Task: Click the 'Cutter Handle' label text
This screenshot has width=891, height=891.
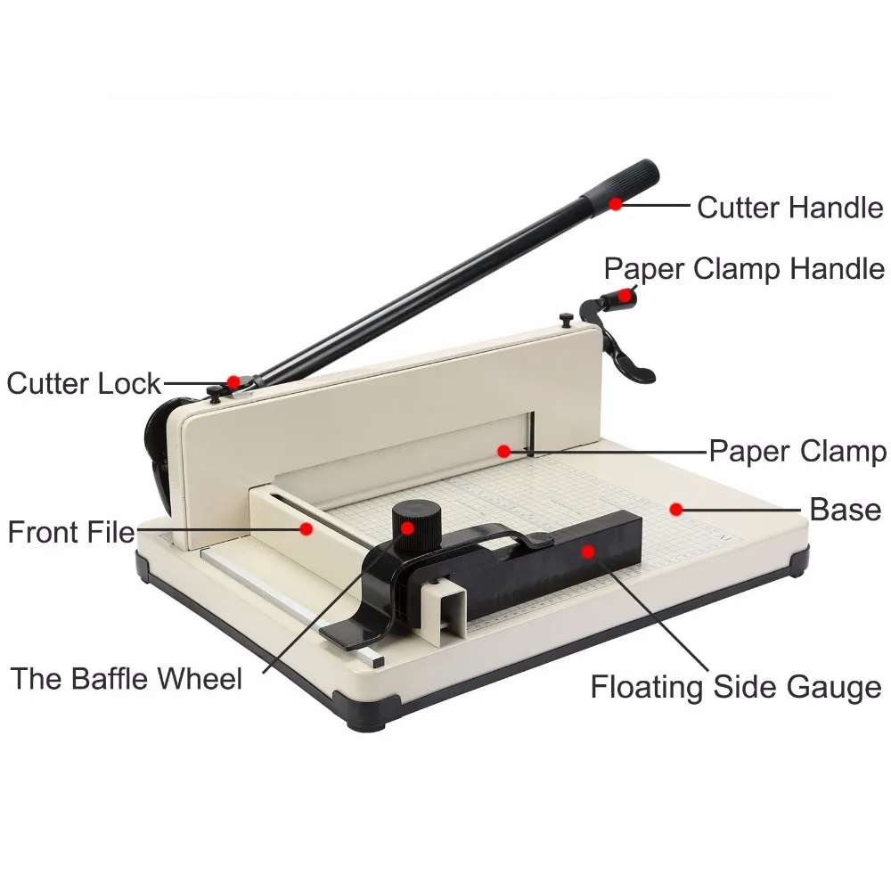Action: (789, 208)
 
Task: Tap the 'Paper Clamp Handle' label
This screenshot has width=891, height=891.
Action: (744, 268)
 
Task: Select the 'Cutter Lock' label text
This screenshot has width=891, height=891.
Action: (84, 384)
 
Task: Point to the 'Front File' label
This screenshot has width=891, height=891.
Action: (71, 533)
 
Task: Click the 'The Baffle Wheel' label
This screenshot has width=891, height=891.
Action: (127, 679)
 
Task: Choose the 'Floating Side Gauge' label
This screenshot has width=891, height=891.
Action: (736, 687)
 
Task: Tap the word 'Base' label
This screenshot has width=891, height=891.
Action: (845, 510)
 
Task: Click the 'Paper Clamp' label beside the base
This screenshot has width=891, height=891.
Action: (797, 451)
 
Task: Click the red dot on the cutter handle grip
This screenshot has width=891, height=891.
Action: (616, 203)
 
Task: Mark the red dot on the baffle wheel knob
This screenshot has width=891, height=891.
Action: (407, 527)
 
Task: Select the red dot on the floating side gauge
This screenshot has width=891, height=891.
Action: (587, 551)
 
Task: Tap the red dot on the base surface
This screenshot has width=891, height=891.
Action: (675, 510)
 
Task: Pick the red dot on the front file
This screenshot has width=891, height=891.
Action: (306, 528)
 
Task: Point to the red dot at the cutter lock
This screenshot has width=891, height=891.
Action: (233, 381)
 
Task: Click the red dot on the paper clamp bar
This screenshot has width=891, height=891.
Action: (503, 452)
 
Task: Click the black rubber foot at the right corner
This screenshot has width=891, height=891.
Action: (799, 561)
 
